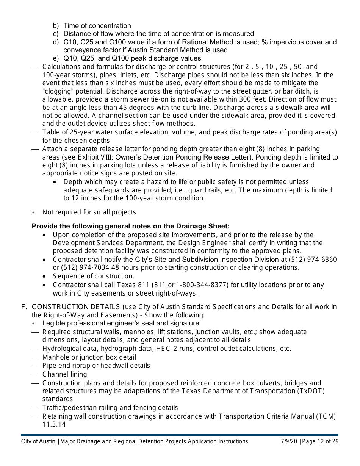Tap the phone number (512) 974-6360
point(313,260)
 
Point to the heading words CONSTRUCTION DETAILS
point(76,307)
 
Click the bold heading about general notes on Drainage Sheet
point(131,226)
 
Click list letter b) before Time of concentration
point(56,26)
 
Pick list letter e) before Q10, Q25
point(56,58)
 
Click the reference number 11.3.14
point(54,424)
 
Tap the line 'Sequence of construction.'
point(93,276)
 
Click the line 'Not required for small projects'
point(89,212)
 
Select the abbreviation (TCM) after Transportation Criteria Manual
point(327,416)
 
